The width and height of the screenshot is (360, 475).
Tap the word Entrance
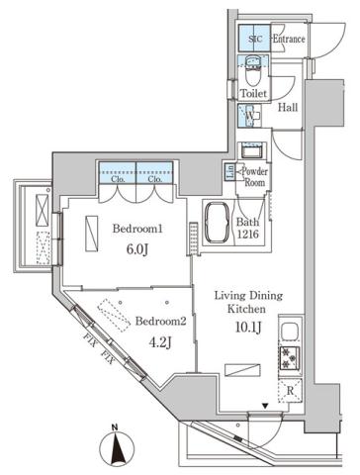coord(288,39)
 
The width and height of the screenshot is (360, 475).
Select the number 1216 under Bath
coord(250,237)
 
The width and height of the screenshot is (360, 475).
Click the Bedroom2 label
coord(159,322)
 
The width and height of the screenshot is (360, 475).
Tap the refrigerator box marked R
coord(290,390)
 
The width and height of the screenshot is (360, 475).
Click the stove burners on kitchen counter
coord(291,357)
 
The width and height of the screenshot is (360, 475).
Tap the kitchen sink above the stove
coord(291,331)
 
